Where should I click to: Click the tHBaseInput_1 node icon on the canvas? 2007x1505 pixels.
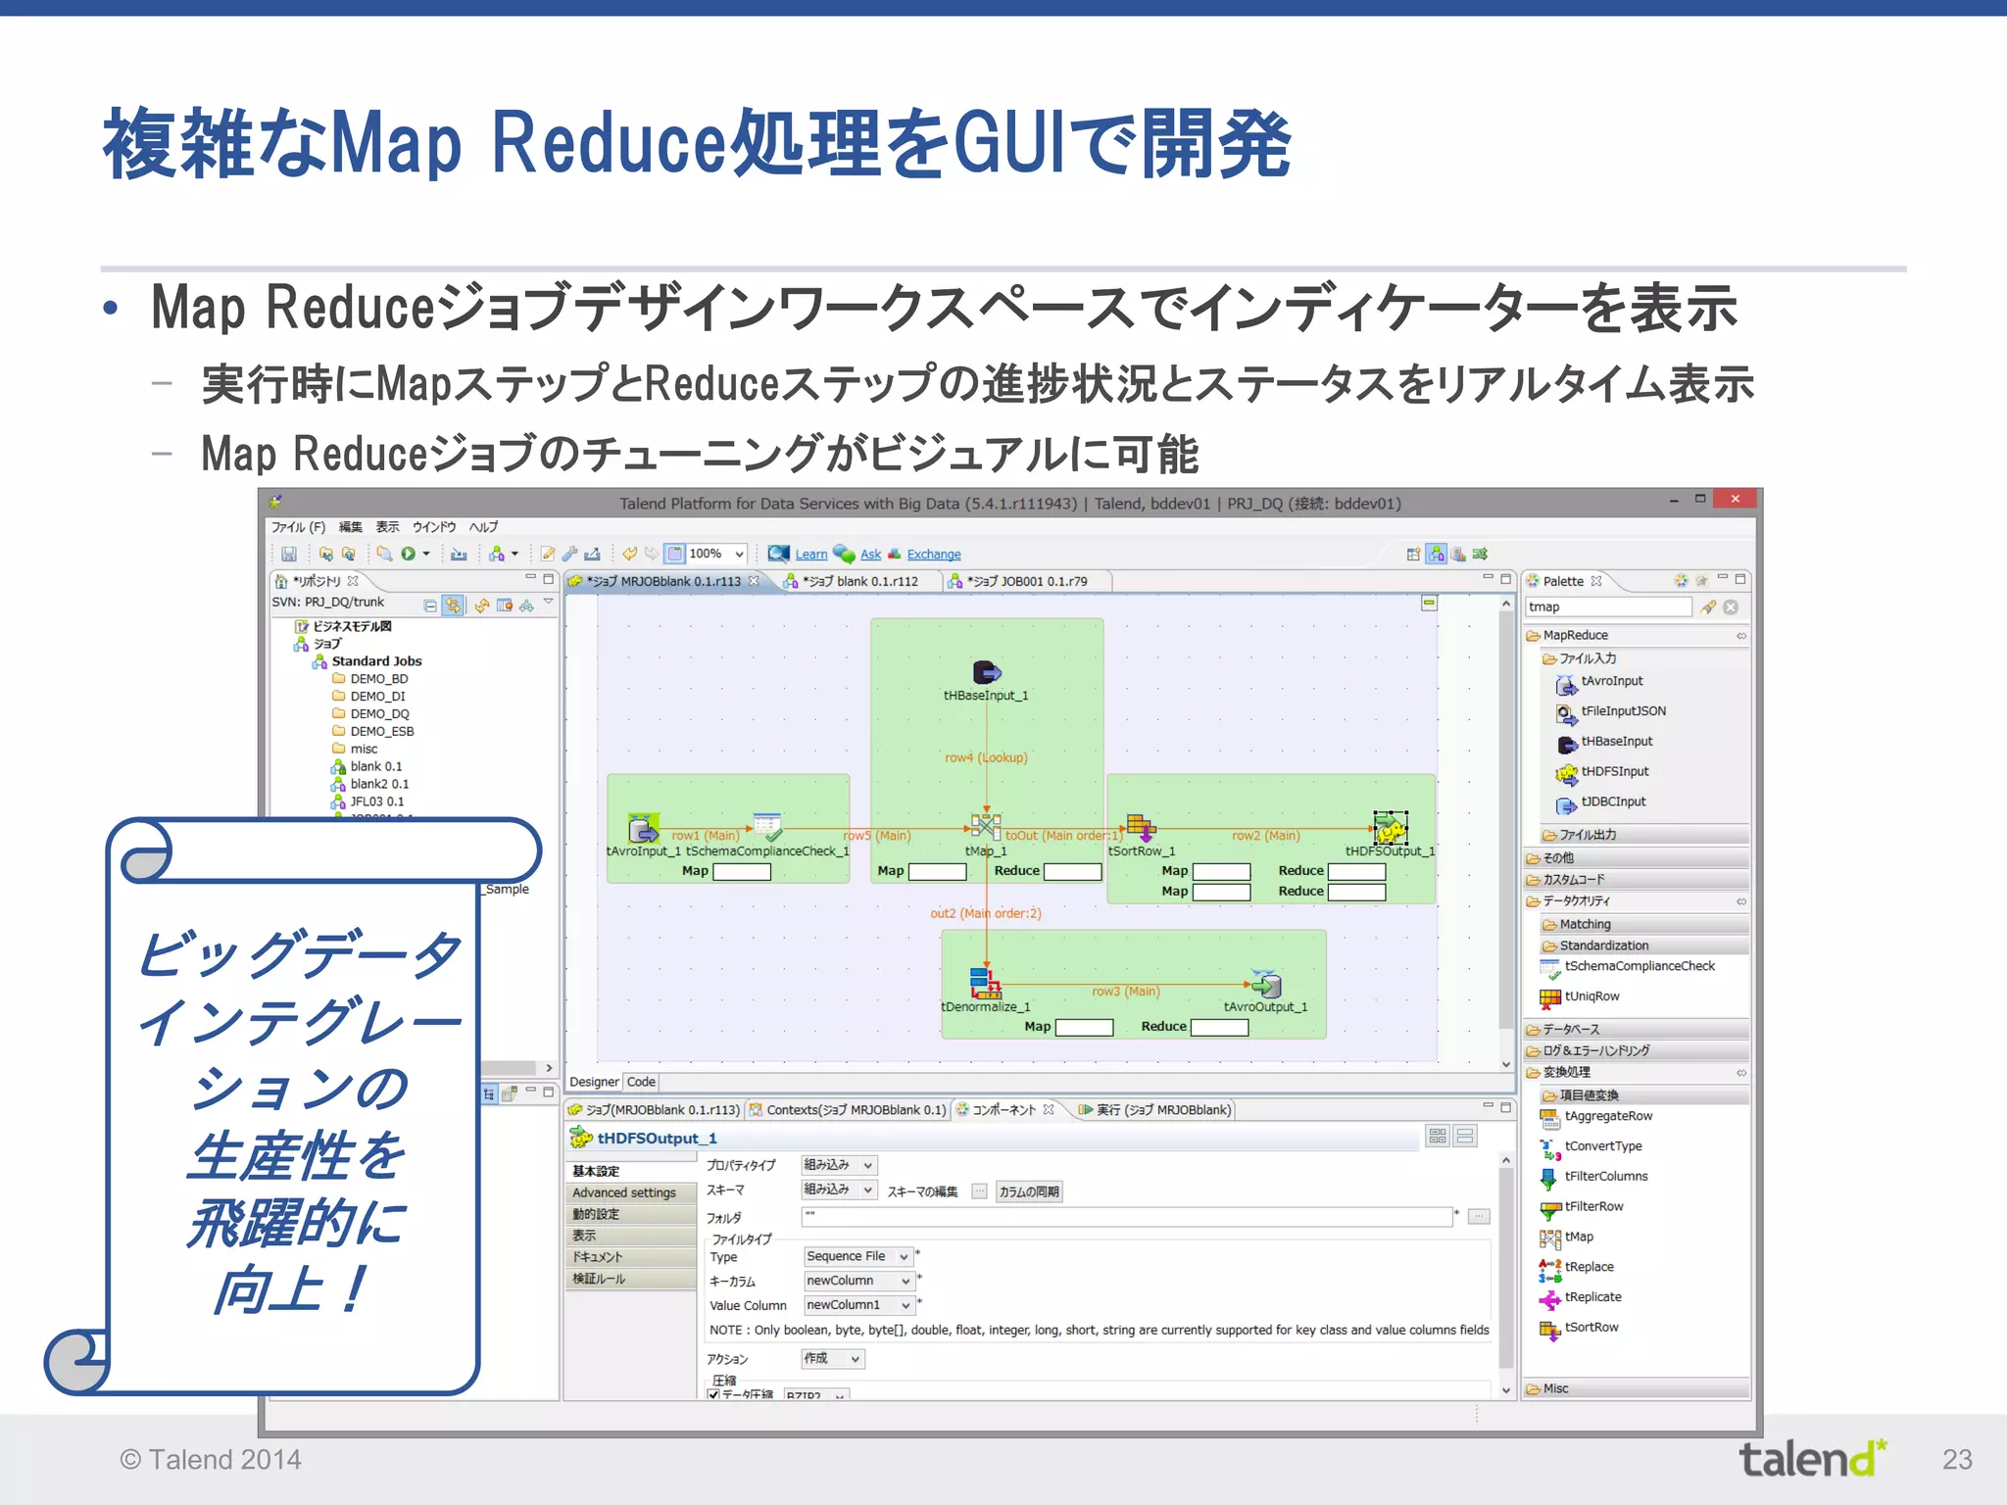(986, 672)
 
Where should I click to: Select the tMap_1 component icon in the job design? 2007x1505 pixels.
(985, 826)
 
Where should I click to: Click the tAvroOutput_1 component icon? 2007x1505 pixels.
(1266, 984)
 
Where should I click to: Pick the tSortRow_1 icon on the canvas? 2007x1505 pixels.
(1140, 828)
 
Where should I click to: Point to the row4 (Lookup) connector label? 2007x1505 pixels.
(986, 757)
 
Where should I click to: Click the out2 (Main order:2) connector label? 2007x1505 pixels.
(985, 913)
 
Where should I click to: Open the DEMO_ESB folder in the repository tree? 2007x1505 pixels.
(381, 731)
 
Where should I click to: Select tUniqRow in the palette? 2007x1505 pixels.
(1591, 996)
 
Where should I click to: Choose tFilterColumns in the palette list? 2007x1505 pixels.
(1605, 1176)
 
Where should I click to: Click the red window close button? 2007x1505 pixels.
(1735, 500)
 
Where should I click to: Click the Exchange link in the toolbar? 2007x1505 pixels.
(933, 555)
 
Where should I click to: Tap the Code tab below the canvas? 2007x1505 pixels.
(641, 1082)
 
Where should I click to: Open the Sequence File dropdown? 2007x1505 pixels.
(857, 1256)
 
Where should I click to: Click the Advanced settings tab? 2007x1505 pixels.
(624, 1192)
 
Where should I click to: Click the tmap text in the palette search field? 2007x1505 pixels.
(1544, 607)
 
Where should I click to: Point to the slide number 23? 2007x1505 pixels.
(1957, 1460)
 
